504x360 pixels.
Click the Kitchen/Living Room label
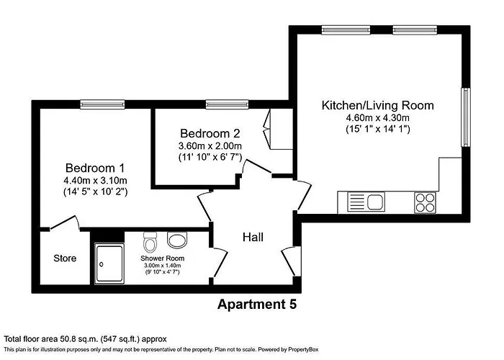[x=377, y=106]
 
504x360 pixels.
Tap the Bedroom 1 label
[x=95, y=166]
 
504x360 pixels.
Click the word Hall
[x=253, y=237]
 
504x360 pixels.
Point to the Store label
[x=65, y=258]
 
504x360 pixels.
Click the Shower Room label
[x=163, y=258]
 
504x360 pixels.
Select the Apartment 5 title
[x=256, y=305]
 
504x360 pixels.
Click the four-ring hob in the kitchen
[x=425, y=202]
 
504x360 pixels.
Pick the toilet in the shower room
[x=150, y=240]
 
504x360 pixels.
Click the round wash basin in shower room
[x=176, y=239]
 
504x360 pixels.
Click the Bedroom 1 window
[x=101, y=103]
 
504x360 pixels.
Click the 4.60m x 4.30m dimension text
[x=377, y=118]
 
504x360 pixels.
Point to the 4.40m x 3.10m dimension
[x=95, y=180]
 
